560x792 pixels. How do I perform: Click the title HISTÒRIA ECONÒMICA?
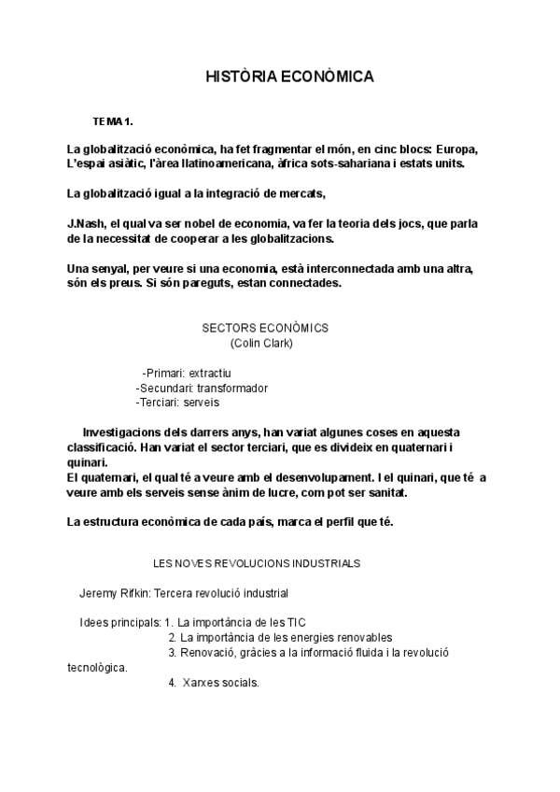coord(289,78)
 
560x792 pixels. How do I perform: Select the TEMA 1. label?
coord(114,122)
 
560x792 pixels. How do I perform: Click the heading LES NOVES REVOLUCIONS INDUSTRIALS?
coord(257,563)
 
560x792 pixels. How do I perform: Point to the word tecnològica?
coord(98,668)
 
